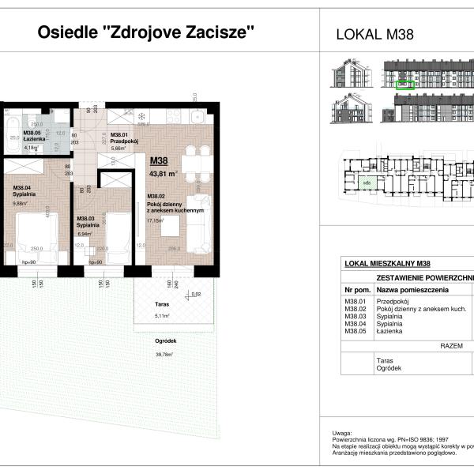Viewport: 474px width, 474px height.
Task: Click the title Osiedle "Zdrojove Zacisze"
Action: (147, 33)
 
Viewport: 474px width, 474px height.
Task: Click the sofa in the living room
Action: (201, 223)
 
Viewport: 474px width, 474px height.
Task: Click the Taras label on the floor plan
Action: (144, 308)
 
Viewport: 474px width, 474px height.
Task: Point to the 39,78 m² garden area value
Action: (164, 355)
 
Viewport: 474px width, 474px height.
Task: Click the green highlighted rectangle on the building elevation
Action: (406, 81)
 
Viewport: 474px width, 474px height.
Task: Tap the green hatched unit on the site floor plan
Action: (366, 183)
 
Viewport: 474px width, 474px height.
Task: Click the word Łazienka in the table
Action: (391, 332)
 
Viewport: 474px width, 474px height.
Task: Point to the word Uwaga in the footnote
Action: (341, 434)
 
